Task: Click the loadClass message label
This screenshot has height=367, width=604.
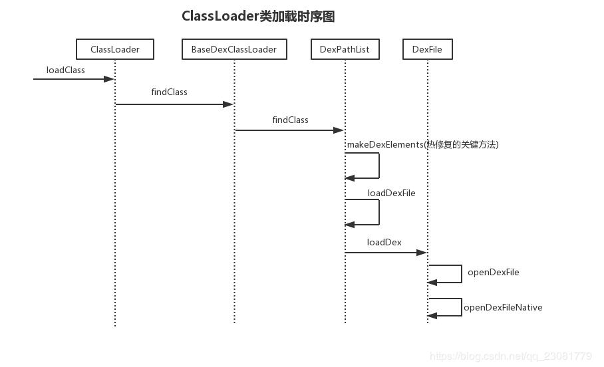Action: point(65,70)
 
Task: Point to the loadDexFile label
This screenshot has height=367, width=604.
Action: point(391,193)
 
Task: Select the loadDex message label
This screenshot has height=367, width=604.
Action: point(384,242)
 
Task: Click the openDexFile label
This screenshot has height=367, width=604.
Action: point(493,273)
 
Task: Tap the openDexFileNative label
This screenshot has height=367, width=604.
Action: point(503,307)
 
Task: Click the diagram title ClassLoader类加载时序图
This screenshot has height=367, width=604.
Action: point(258,16)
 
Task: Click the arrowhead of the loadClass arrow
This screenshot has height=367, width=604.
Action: point(109,79)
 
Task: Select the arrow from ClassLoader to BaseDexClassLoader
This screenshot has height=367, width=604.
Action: point(174,104)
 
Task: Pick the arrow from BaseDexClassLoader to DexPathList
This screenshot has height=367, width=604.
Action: point(289,130)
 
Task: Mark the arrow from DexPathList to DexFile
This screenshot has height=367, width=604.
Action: point(386,253)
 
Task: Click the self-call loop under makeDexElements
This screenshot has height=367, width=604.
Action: point(379,166)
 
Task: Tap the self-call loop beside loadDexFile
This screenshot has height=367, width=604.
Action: point(379,212)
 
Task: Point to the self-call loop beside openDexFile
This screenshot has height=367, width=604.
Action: point(462,274)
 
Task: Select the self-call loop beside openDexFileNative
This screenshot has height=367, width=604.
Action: point(462,307)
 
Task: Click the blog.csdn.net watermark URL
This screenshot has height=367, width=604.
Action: point(511,356)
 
